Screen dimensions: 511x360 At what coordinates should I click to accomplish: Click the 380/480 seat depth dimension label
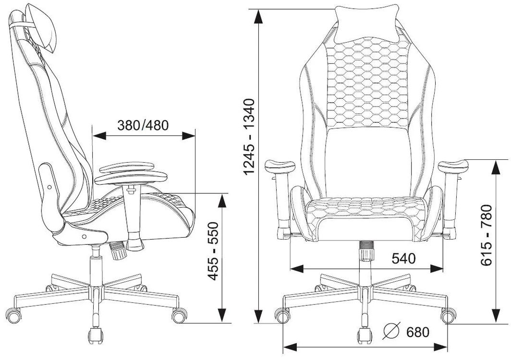[x=143, y=125]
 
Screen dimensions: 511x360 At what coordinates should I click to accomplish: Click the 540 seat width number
[x=403, y=258]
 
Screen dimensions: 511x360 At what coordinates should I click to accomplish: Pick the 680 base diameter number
[x=418, y=332]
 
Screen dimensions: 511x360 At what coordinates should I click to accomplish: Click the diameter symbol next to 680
[x=391, y=331]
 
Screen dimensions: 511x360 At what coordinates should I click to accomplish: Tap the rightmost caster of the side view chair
[x=179, y=315]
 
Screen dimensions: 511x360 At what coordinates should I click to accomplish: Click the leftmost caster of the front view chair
[x=282, y=315]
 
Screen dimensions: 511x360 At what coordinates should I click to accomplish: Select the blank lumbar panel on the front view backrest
[x=367, y=162]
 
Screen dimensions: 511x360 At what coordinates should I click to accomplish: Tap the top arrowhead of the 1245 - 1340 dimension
[x=259, y=16]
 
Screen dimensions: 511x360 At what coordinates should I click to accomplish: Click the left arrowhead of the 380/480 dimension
[x=99, y=136]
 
